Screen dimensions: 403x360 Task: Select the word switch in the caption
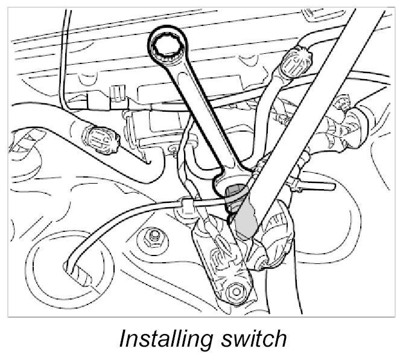tap(254, 339)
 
